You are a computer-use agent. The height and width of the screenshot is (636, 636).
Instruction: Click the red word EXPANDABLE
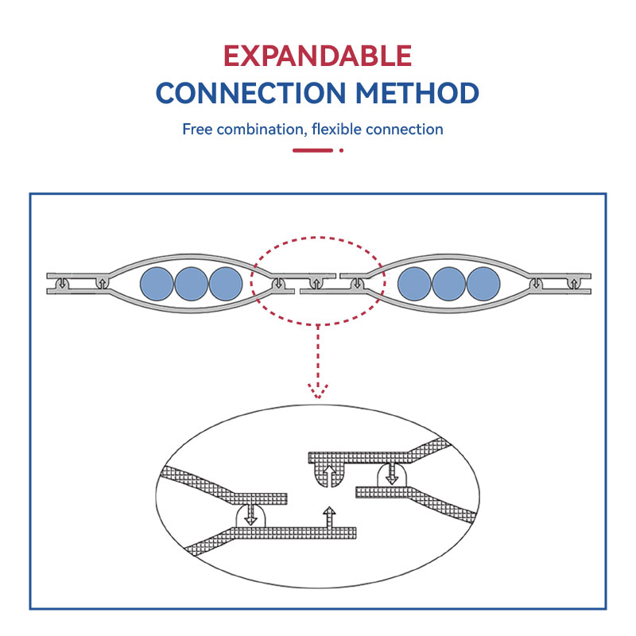317,56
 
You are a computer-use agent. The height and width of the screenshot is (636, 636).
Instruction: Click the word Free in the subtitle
197,129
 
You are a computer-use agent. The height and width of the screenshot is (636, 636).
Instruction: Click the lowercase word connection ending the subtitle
407,129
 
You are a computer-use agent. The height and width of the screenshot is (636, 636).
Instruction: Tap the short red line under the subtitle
312,149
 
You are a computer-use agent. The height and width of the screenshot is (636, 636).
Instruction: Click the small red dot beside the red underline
341,149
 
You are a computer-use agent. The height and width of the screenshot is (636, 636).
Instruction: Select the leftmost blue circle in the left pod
156,283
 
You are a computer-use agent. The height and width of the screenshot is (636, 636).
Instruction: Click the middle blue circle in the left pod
191,283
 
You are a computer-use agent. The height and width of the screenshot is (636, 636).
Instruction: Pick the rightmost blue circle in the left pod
225,283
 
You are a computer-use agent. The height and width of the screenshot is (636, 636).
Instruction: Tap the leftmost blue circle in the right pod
413,283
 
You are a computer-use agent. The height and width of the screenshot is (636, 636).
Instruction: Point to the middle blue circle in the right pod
448,283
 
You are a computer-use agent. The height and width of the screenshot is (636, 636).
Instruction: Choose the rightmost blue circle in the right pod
483,283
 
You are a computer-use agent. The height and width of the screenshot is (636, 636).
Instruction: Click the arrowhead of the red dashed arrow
318,390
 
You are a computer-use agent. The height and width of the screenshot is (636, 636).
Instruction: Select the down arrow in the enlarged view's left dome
251,514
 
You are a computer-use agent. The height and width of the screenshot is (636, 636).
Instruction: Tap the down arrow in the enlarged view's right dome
391,475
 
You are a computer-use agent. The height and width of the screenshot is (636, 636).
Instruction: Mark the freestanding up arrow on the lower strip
329,516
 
